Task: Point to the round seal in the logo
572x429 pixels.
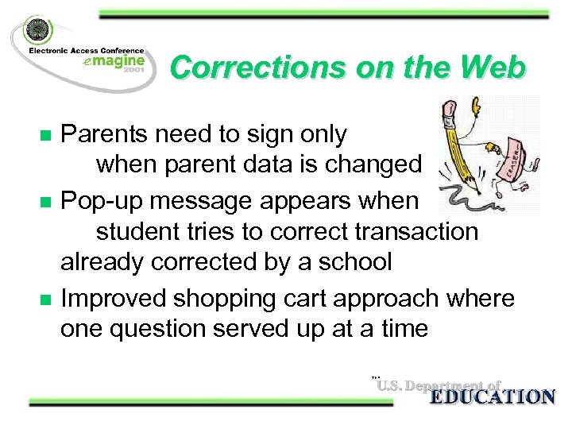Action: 37,35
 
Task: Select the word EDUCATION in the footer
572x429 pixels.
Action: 491,397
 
